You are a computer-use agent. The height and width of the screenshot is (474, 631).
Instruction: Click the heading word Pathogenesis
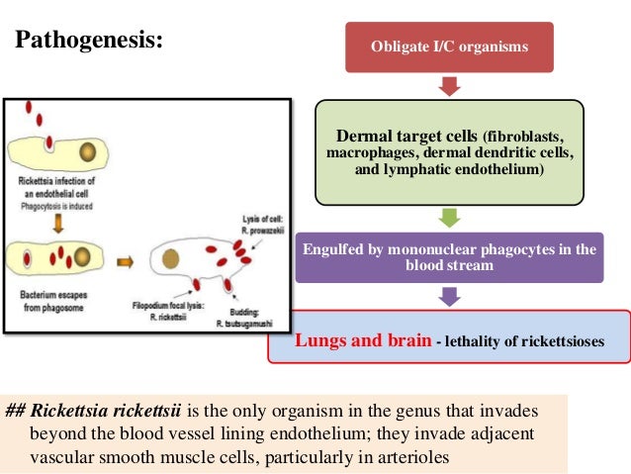click(88, 43)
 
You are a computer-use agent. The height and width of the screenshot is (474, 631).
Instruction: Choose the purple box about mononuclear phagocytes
click(449, 257)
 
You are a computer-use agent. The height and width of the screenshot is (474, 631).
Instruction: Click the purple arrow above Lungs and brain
click(449, 297)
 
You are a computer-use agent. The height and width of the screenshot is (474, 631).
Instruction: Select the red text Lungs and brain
click(363, 340)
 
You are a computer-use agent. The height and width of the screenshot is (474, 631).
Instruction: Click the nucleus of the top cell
click(88, 153)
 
